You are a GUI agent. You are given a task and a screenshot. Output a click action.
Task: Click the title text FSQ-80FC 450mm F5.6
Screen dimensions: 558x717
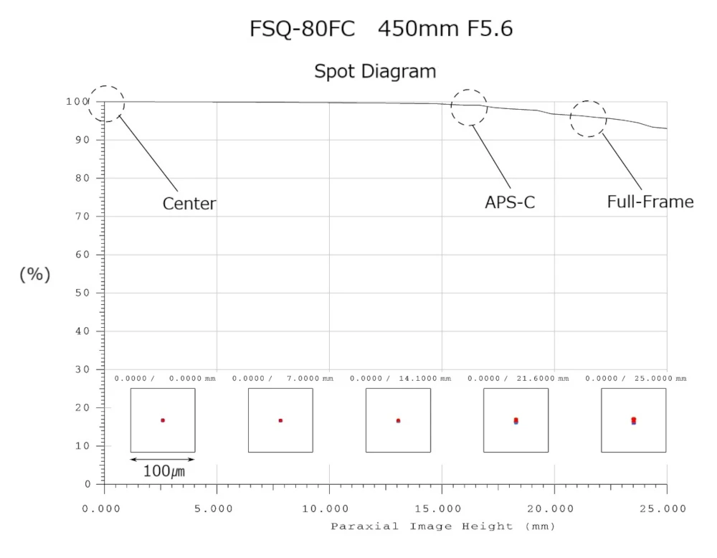click(381, 29)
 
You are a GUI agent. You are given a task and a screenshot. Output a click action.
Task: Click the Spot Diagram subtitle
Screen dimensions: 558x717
click(375, 72)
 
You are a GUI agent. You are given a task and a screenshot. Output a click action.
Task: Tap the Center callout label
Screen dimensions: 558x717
click(189, 204)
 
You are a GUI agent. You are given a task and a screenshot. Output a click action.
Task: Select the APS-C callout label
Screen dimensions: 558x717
click(510, 203)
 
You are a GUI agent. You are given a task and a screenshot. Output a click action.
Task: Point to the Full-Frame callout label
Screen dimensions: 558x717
click(650, 202)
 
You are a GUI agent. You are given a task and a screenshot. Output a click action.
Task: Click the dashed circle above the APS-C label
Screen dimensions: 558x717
click(469, 108)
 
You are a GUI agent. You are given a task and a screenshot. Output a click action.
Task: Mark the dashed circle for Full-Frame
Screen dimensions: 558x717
click(589, 118)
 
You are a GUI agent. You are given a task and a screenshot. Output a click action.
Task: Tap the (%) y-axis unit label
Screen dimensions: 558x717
click(34, 275)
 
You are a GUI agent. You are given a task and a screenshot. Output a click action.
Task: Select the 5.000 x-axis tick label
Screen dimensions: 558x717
click(216, 509)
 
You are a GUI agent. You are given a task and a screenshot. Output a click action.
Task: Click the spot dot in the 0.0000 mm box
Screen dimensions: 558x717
click(163, 420)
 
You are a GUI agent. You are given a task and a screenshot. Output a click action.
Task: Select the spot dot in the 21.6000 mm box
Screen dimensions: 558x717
click(516, 421)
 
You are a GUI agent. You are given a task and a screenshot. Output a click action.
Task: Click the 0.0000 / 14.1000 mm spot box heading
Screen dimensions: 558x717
click(399, 378)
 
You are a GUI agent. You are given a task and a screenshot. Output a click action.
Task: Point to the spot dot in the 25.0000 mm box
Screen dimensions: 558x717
click(633, 420)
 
